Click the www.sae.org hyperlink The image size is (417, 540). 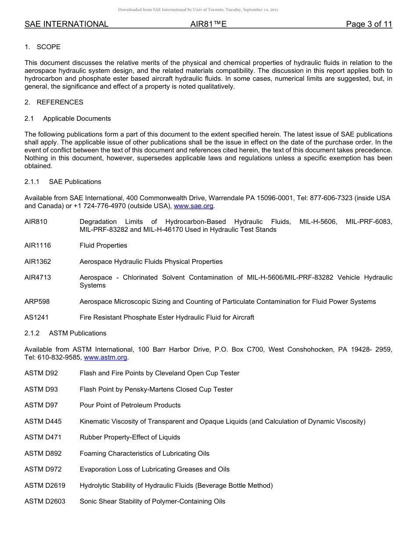click(x=194, y=206)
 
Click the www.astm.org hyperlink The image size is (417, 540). click(x=105, y=357)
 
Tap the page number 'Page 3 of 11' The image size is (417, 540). click(x=369, y=24)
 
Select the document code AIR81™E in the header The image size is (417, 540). click(x=208, y=24)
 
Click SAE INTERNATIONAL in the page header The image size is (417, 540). click(x=66, y=24)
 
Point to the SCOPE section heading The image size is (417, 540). click(x=48, y=47)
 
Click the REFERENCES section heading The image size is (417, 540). click(x=60, y=102)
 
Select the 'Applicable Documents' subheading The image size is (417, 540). click(x=77, y=119)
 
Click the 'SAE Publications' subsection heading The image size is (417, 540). click(x=75, y=182)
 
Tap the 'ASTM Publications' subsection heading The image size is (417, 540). click(x=78, y=333)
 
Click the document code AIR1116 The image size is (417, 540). click(x=38, y=245)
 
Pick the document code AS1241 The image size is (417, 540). click(x=36, y=317)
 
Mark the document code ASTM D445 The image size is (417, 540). click(x=43, y=421)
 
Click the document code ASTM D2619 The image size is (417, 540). click(x=45, y=486)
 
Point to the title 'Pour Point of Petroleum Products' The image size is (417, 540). click(x=130, y=405)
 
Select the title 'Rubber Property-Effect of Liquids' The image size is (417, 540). click(x=130, y=437)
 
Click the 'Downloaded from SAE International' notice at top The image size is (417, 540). click(x=198, y=10)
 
